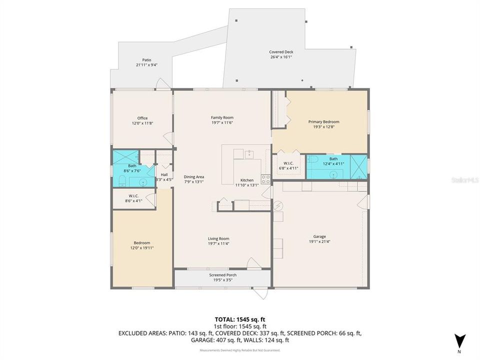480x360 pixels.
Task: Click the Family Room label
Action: pos(222,117)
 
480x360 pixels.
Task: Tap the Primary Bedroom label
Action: pos(323,121)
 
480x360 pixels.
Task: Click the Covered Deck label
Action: pos(281,52)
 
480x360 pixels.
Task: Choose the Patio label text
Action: pos(146,60)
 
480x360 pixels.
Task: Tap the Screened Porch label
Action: pos(222,275)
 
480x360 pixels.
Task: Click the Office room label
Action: pos(142,118)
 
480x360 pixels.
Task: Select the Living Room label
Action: pos(218,238)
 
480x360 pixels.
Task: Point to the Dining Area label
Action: pos(193,176)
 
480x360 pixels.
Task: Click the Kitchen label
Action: pos(247,180)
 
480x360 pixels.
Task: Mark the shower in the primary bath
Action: pos(358,164)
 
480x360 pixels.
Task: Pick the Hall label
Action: pos(164,174)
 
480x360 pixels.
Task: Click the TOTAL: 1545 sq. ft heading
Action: pos(239,318)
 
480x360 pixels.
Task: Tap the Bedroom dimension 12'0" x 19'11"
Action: pos(141,247)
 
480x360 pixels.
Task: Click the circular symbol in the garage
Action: pos(278,205)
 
